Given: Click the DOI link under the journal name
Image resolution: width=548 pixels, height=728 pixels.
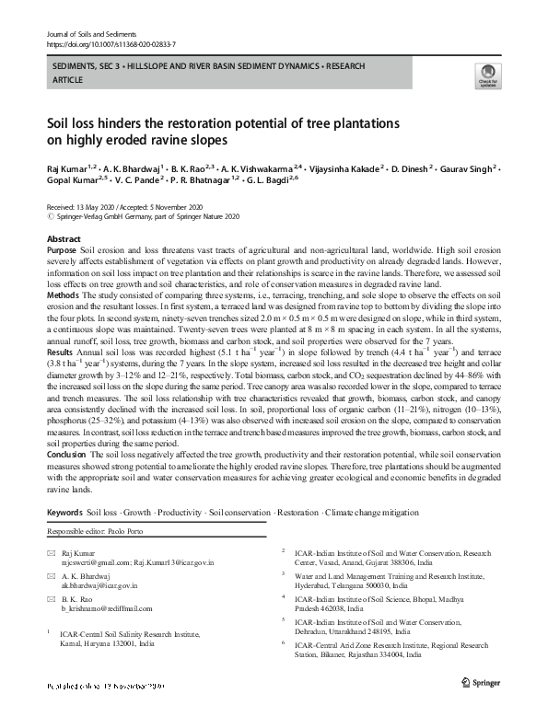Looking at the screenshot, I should [x=111, y=43].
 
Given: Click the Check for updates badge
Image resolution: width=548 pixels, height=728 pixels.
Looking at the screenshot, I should [x=484, y=77].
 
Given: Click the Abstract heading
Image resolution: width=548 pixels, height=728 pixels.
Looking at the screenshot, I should [x=64, y=238].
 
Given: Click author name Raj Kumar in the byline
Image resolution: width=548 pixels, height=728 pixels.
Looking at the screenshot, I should [x=66, y=169].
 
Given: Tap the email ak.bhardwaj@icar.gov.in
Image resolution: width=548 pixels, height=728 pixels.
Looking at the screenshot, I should [x=100, y=584].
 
